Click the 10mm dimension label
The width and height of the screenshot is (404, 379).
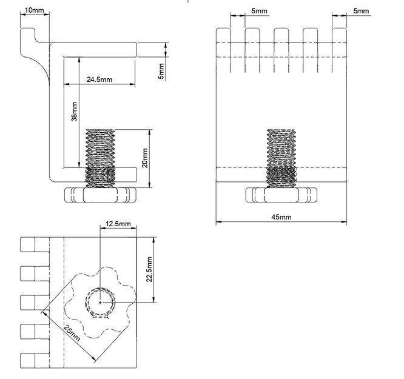coord(34,10)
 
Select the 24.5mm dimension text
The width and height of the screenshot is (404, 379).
coord(99,79)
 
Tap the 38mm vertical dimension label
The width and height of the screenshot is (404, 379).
coord(74,112)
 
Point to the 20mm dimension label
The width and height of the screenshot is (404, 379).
coord(145,158)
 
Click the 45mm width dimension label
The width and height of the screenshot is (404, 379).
coord(281,217)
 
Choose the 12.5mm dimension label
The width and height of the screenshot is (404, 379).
coord(118,224)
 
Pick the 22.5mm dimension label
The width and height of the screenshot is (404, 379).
coord(150,269)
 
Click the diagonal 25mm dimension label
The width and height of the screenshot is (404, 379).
coord(72,333)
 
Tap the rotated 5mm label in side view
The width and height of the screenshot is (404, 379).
coord(161,71)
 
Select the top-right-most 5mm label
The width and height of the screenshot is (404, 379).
coord(361,11)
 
